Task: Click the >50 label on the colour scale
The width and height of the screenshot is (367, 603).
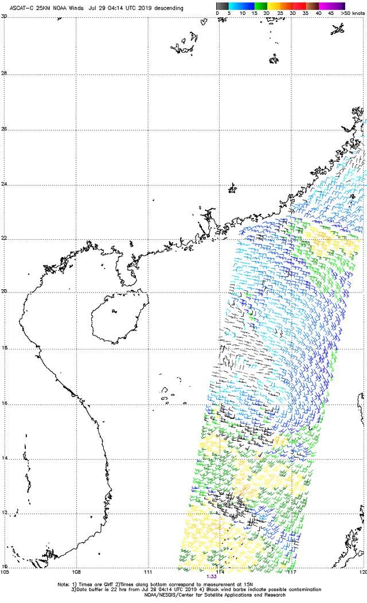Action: pyautogui.click(x=345, y=13)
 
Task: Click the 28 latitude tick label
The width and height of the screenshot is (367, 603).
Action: pyautogui.click(x=4, y=73)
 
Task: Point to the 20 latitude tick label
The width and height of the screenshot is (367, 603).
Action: pyautogui.click(x=4, y=291)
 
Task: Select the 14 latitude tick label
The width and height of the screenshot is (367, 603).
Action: pyautogui.click(x=4, y=458)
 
